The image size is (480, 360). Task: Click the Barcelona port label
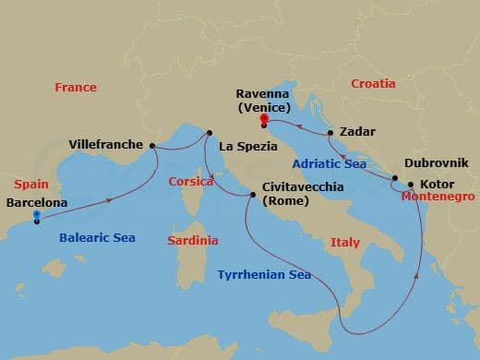(36, 202)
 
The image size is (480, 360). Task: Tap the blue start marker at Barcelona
(36, 217)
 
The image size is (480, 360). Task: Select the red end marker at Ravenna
(264, 120)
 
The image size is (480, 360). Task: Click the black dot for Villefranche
(153, 145)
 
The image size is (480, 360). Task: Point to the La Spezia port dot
(209, 132)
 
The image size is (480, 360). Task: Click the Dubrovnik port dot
(395, 178)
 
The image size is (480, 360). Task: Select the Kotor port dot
(411, 185)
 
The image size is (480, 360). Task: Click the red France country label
(76, 88)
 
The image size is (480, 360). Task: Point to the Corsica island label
(191, 182)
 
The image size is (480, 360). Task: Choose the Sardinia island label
(192, 240)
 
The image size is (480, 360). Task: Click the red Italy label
(344, 243)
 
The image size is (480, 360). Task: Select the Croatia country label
(373, 84)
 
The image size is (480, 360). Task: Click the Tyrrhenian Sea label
(263, 275)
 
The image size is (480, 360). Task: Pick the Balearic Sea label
(97, 237)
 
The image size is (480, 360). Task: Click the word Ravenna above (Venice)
(264, 93)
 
